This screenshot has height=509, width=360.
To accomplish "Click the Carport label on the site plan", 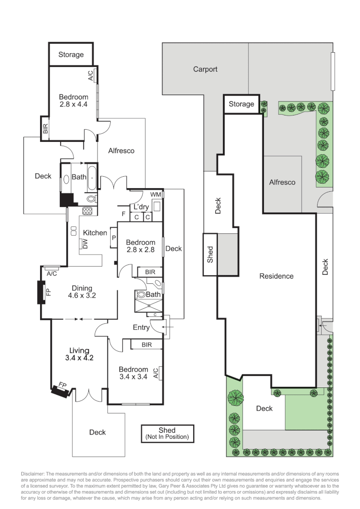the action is point(205,69).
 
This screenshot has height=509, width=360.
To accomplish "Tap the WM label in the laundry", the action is point(155,195).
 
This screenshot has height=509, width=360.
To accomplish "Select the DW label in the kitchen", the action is point(85,243).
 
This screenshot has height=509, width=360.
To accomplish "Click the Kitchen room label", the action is point(95,232).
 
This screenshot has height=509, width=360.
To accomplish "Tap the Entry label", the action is point(141,328).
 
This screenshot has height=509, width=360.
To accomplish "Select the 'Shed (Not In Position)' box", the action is point(167,434).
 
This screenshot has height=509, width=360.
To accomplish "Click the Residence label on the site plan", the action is point(277,276).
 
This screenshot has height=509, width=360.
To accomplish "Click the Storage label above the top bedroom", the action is point(71,55).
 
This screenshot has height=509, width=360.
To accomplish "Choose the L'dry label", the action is point(141,207).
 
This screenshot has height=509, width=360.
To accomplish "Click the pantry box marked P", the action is point(114,238).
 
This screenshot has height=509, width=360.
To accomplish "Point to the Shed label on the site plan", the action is point(210,254).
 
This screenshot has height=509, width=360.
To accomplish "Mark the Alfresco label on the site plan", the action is point(282,182).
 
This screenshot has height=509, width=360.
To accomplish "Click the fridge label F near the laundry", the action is point(123,215).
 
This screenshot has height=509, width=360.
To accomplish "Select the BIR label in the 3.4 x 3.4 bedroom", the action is point(147,345).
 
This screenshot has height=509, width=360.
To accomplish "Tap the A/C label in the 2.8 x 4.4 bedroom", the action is point(90,75).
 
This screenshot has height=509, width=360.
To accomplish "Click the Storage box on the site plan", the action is point(241,104).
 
